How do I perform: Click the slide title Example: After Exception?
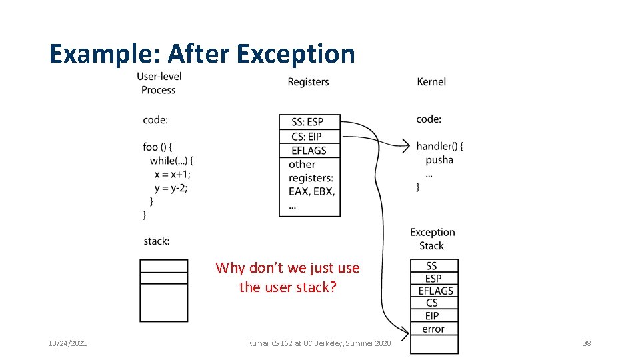202,53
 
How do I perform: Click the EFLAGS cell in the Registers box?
309,151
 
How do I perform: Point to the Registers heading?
308,82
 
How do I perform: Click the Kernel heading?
431,82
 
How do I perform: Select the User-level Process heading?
159,83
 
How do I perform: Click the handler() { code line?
439,146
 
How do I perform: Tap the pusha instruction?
439,160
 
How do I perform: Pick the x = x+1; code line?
172,174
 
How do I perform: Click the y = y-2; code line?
171,188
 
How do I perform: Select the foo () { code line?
157,147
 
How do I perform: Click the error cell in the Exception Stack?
433,329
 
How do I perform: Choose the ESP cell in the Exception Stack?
433,278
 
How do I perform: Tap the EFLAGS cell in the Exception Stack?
435,291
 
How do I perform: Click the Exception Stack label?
432,239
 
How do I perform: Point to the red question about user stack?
287,277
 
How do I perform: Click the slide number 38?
587,343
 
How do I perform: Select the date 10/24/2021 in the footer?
67,343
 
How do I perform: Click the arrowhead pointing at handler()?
405,147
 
